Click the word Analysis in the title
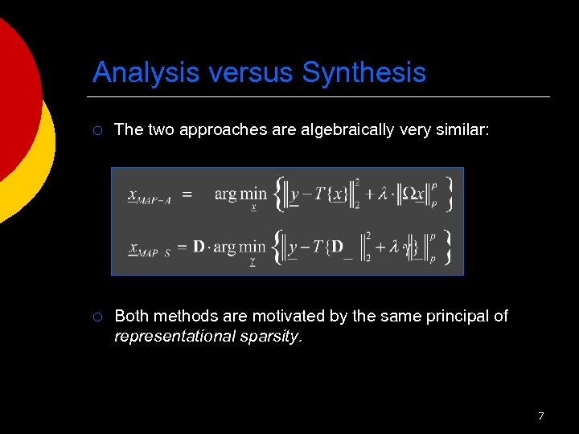click(146, 73)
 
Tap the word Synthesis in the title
click(364, 73)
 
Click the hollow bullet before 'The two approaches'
click(97, 130)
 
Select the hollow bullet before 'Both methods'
click(97, 317)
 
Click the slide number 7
click(540, 416)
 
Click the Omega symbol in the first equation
click(410, 194)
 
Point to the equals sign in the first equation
click(187, 194)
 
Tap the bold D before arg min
click(199, 248)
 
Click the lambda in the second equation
click(395, 248)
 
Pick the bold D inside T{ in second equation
click(338, 247)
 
